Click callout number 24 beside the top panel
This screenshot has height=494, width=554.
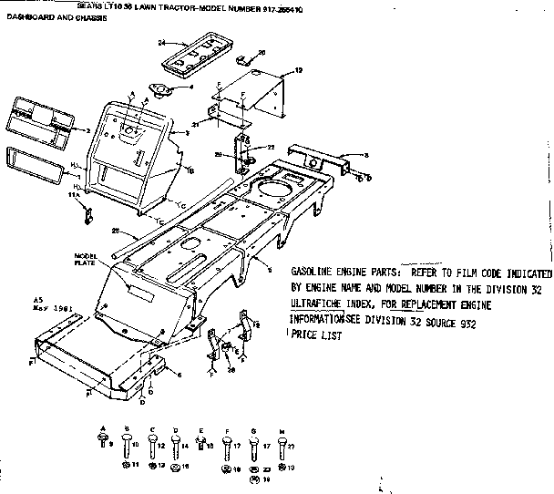point(160,43)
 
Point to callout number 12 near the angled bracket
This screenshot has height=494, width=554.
point(298,70)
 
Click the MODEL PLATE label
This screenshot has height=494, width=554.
point(87,258)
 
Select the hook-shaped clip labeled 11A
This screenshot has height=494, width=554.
point(88,217)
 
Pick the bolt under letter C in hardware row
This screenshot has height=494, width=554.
point(151,446)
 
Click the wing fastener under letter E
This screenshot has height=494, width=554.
point(201,444)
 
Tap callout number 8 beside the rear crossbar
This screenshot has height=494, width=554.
point(365,156)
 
